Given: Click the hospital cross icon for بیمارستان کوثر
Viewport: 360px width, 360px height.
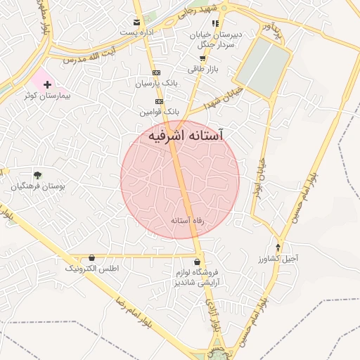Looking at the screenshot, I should [47, 84].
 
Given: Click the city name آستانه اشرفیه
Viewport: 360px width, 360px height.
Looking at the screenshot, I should [186, 136].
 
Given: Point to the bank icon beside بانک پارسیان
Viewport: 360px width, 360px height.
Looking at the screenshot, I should [155, 72].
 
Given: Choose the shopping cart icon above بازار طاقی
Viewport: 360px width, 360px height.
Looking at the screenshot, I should [203, 58].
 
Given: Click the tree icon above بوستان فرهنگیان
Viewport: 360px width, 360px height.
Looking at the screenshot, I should [37, 175].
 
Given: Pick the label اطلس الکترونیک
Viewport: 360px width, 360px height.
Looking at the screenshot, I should [92, 269].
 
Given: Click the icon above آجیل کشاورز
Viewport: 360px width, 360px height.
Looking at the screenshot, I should [278, 247].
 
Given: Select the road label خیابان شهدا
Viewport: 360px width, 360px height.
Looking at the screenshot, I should [224, 97].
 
